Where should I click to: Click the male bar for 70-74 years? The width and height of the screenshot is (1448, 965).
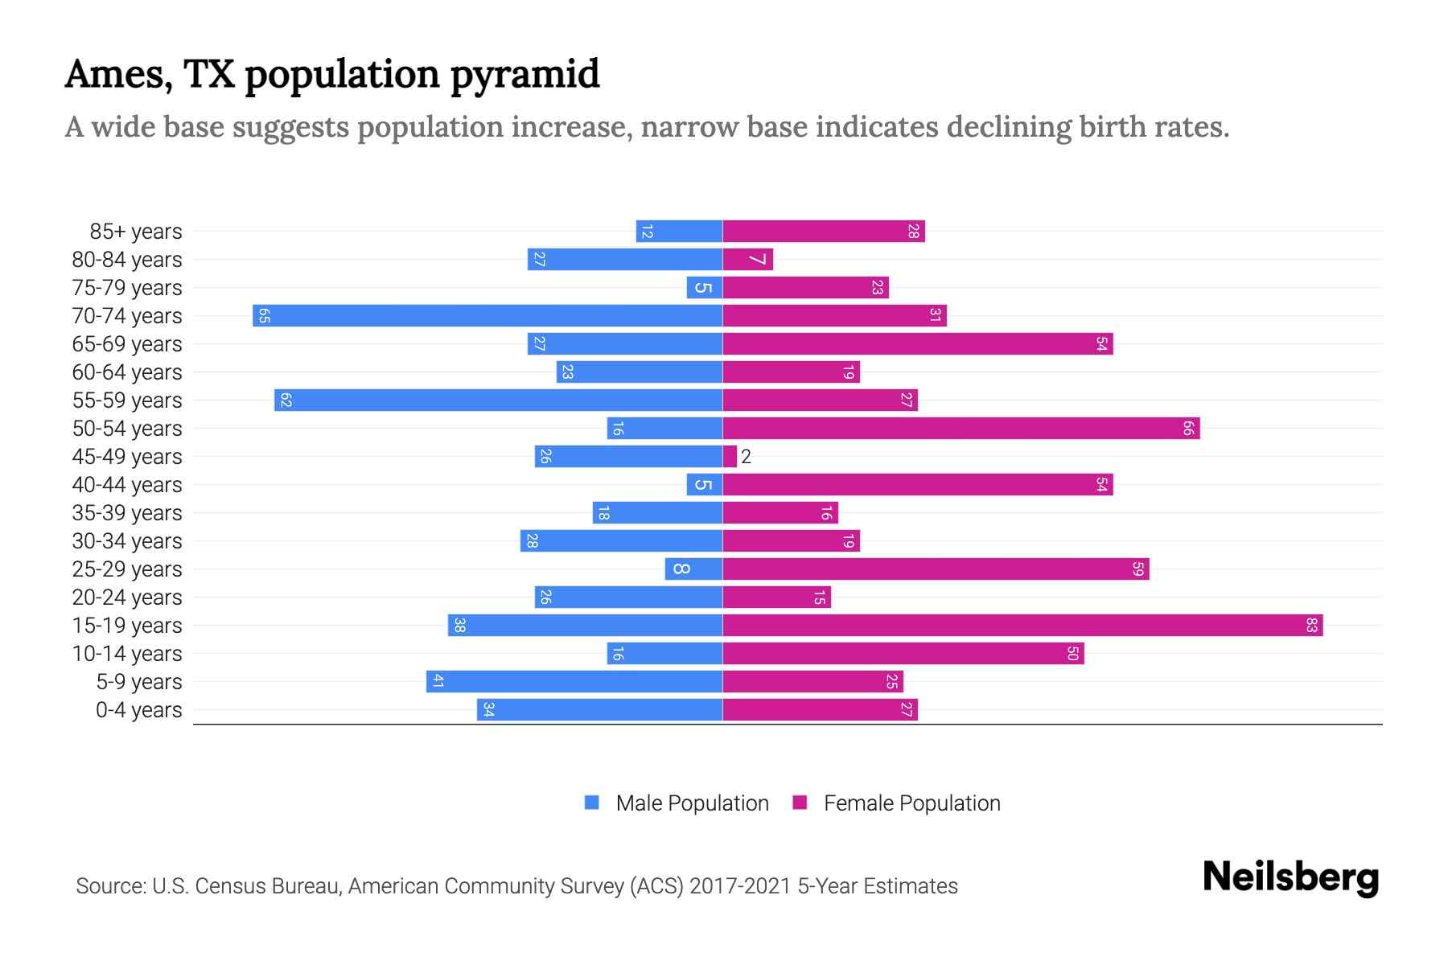point(487,315)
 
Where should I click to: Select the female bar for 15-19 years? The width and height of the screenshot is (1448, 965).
point(1022,625)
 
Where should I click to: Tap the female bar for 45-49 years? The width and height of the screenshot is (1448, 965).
point(730,456)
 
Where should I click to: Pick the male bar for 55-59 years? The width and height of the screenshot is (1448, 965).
point(498,400)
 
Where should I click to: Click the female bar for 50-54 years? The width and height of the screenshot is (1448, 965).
point(961,428)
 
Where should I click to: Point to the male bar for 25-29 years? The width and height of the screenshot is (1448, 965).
point(693,569)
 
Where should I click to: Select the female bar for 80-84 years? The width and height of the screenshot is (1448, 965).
point(747,259)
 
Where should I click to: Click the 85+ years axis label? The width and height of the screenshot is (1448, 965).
point(135,232)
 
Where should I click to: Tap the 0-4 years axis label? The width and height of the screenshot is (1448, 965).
point(138,710)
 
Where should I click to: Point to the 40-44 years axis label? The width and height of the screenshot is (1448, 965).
point(127,485)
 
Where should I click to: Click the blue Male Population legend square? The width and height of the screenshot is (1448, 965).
point(592,803)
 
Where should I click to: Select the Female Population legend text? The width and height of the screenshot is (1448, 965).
point(911,803)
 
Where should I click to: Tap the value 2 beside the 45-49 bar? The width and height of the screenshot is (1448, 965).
point(746,457)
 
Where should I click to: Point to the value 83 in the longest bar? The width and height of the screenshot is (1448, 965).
point(1311,625)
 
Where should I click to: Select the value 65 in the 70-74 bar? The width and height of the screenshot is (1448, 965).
point(264,315)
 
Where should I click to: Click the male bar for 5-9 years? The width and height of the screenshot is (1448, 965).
point(574,681)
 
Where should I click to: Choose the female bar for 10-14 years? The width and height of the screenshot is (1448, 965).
point(903,653)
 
